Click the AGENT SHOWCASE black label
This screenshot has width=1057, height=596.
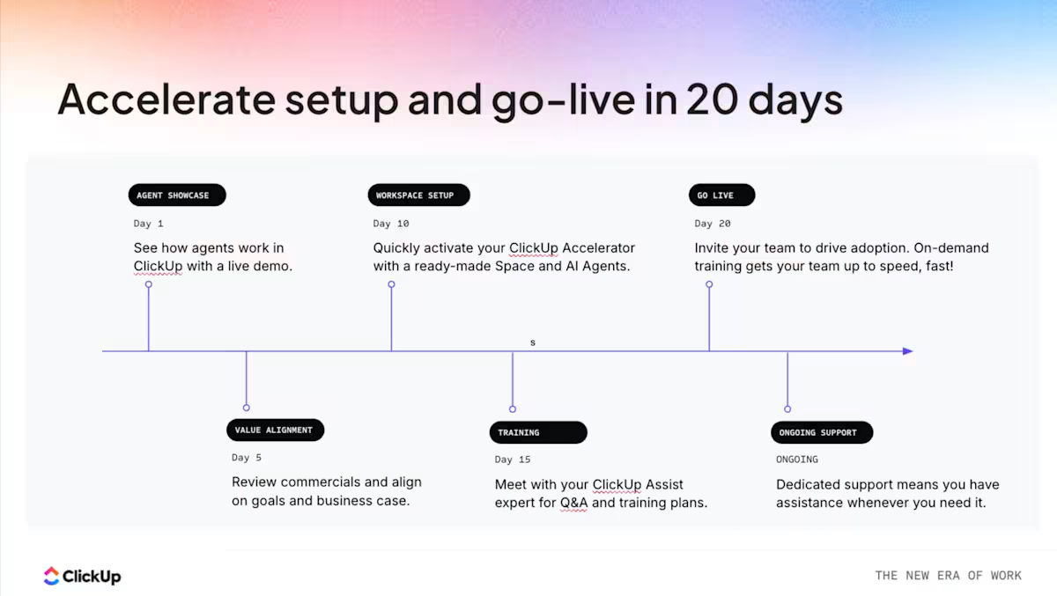click(176, 195)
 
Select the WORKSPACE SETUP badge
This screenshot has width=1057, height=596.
click(418, 195)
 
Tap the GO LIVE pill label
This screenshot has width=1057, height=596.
click(721, 195)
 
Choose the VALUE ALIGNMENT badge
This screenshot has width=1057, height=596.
click(275, 430)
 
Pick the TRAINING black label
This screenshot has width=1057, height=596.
click(537, 432)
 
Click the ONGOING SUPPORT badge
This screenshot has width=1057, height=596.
click(822, 432)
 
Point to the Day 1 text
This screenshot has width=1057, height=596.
click(148, 224)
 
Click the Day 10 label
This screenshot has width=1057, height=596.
click(391, 224)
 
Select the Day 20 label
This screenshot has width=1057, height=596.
click(713, 224)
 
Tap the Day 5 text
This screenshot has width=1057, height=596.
click(247, 458)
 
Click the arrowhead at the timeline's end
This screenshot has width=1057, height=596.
click(907, 351)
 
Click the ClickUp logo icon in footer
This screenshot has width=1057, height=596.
click(52, 576)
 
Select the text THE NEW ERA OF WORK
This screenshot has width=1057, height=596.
click(948, 576)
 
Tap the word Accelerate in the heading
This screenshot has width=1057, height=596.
click(166, 99)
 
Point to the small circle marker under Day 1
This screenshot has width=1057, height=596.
click(149, 284)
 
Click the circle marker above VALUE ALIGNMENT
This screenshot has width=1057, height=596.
click(247, 408)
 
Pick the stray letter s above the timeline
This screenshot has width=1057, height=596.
click(533, 342)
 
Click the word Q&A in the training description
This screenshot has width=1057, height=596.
click(573, 504)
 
